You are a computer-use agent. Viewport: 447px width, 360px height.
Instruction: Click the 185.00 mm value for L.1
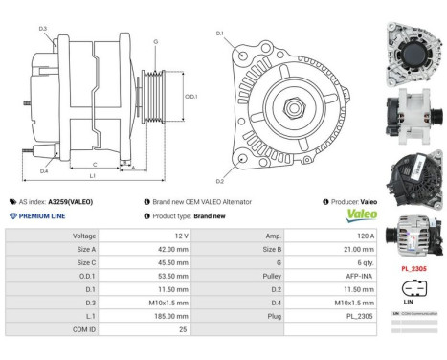pyautogui.click(x=155, y=314)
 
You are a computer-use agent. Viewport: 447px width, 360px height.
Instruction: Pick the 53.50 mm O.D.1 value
pyautogui.click(x=155, y=274)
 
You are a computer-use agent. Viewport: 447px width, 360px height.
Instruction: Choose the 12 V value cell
pyautogui.click(x=155, y=234)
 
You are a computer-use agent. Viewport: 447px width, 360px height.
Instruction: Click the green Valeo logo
pyautogui.click(x=354, y=215)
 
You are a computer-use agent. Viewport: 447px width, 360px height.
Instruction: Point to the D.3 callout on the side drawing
pyautogui.click(x=43, y=29)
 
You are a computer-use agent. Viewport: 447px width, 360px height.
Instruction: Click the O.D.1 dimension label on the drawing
pyautogui.click(x=190, y=96)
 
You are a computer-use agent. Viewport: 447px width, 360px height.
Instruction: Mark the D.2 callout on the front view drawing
pyautogui.click(x=220, y=180)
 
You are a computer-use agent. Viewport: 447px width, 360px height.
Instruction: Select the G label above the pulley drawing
pyautogui.click(x=156, y=41)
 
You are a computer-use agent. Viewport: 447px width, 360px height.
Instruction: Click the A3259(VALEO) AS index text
pyautogui.click(x=72, y=202)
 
